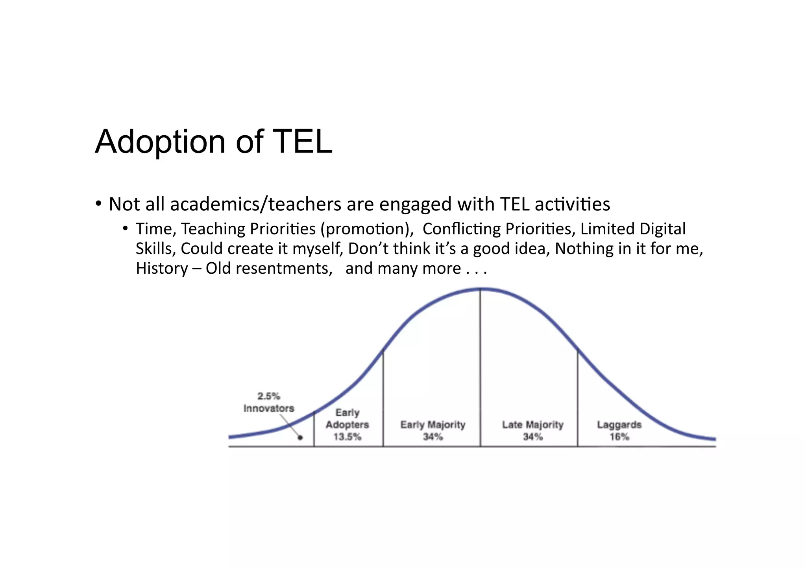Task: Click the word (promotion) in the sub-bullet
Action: [367, 229]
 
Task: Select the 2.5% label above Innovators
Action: [269, 396]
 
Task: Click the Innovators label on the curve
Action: [269, 408]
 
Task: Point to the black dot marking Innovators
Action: [300, 437]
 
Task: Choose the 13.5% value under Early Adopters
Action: [347, 436]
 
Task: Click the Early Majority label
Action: [433, 425]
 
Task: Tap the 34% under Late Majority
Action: [533, 436]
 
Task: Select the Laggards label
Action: [619, 425]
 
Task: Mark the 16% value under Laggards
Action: [619, 436]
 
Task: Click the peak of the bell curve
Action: [480, 289]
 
